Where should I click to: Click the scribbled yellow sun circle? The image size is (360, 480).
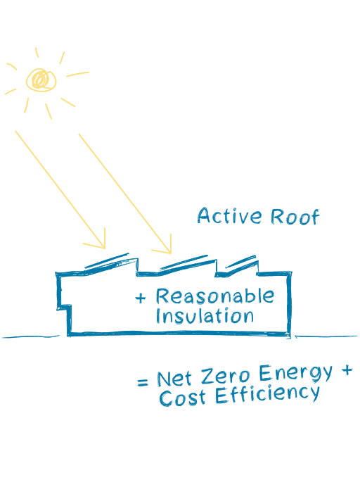pyautogui.click(x=41, y=80)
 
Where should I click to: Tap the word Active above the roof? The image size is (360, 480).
pyautogui.click(x=229, y=215)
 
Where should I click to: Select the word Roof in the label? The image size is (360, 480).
pyautogui.click(x=295, y=217)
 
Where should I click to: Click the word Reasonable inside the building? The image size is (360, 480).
pyautogui.click(x=214, y=296)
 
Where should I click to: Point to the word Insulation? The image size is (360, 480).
pyautogui.click(x=205, y=315)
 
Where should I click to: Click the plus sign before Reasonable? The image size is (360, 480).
pyautogui.click(x=141, y=298)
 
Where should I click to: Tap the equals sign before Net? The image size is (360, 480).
pyautogui.click(x=143, y=382)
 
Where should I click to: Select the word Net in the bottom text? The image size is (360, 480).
pyautogui.click(x=174, y=379)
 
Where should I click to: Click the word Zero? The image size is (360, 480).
pyautogui.click(x=225, y=375)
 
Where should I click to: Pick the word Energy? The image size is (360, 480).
pyautogui.click(x=295, y=374)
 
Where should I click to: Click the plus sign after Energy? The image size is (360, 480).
pyautogui.click(x=347, y=370)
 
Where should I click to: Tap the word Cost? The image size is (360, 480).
pyautogui.click(x=182, y=398)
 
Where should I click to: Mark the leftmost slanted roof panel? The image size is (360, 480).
pyautogui.click(x=107, y=261)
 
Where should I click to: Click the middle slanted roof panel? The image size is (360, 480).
pyautogui.click(x=184, y=262)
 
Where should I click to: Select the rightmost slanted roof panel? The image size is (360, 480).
pyautogui.click(x=240, y=262)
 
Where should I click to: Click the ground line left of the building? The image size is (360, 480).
pyautogui.click(x=31, y=337)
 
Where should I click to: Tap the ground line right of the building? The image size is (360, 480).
pyautogui.click(x=326, y=336)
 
